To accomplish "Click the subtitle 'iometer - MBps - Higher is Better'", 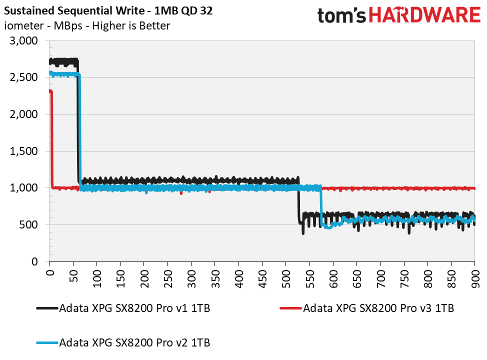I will [x=87, y=26].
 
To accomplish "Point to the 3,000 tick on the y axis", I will [x=24, y=41].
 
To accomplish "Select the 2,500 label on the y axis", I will [x=24, y=77].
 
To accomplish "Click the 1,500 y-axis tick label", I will [x=24, y=151].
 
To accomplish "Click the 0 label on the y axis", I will [x=35, y=261].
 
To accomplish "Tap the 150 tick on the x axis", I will [x=120, y=278].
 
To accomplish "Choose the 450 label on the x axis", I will [x=262, y=278].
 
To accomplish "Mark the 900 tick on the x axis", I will [x=475, y=278].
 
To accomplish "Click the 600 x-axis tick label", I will [x=333, y=278].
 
